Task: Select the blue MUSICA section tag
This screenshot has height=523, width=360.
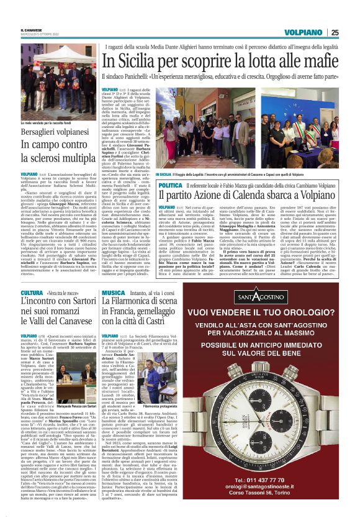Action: [114, 293]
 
